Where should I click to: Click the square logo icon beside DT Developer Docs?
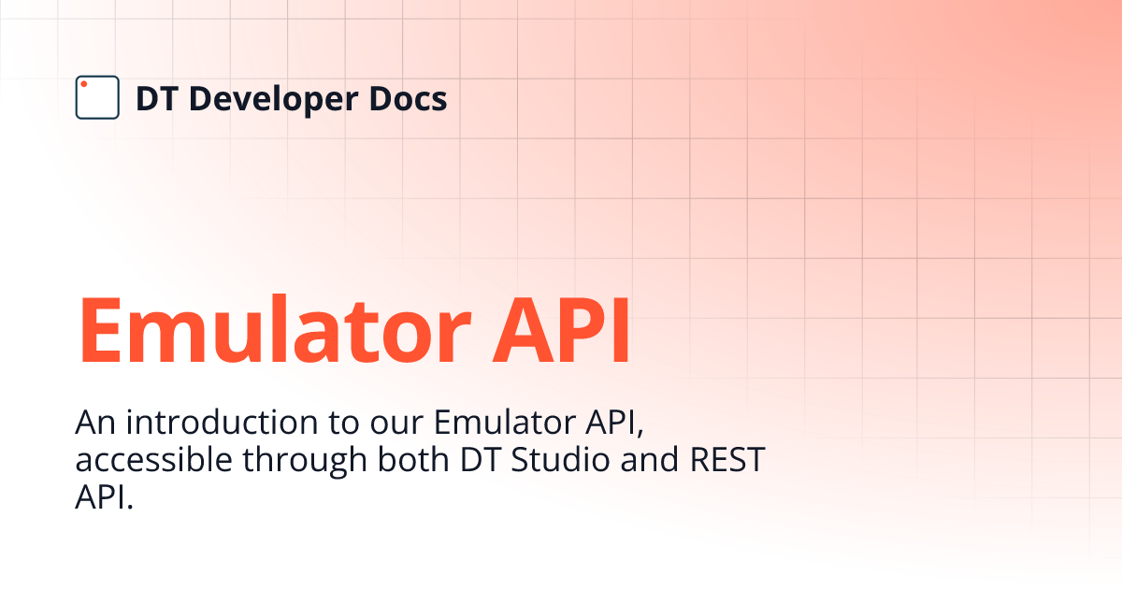coord(97,97)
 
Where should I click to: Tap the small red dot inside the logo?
coord(83,84)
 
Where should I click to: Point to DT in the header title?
coord(154,98)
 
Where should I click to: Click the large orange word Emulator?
coord(275,331)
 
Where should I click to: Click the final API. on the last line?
coord(104,497)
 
